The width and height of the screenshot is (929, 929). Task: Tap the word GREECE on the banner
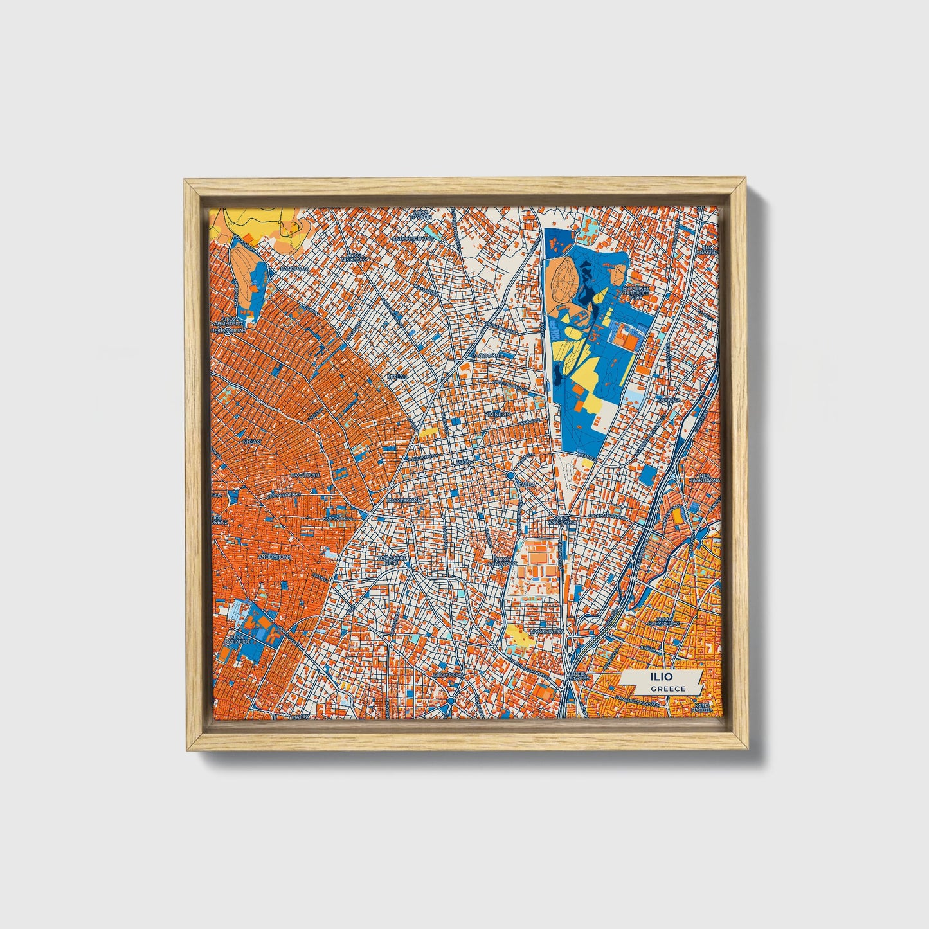coord(667,689)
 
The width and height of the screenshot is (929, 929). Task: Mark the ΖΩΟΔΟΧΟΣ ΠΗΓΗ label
coord(390,560)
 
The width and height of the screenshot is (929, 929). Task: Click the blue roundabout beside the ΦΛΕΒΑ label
coord(510,475)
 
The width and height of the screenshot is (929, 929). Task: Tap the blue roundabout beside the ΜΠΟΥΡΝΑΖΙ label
coord(451,700)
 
